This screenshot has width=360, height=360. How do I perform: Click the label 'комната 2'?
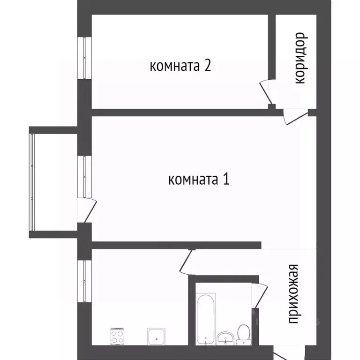pyautogui.click(x=180, y=66)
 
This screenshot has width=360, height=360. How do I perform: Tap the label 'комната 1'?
pyautogui.click(x=198, y=179)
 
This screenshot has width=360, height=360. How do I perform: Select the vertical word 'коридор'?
pyautogui.click(x=300, y=58)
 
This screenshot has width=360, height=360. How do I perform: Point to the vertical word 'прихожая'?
pyautogui.click(x=293, y=294)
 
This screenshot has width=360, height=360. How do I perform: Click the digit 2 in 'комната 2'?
pyautogui.click(x=207, y=65)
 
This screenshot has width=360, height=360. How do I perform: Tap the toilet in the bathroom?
pyautogui.click(x=243, y=333)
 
